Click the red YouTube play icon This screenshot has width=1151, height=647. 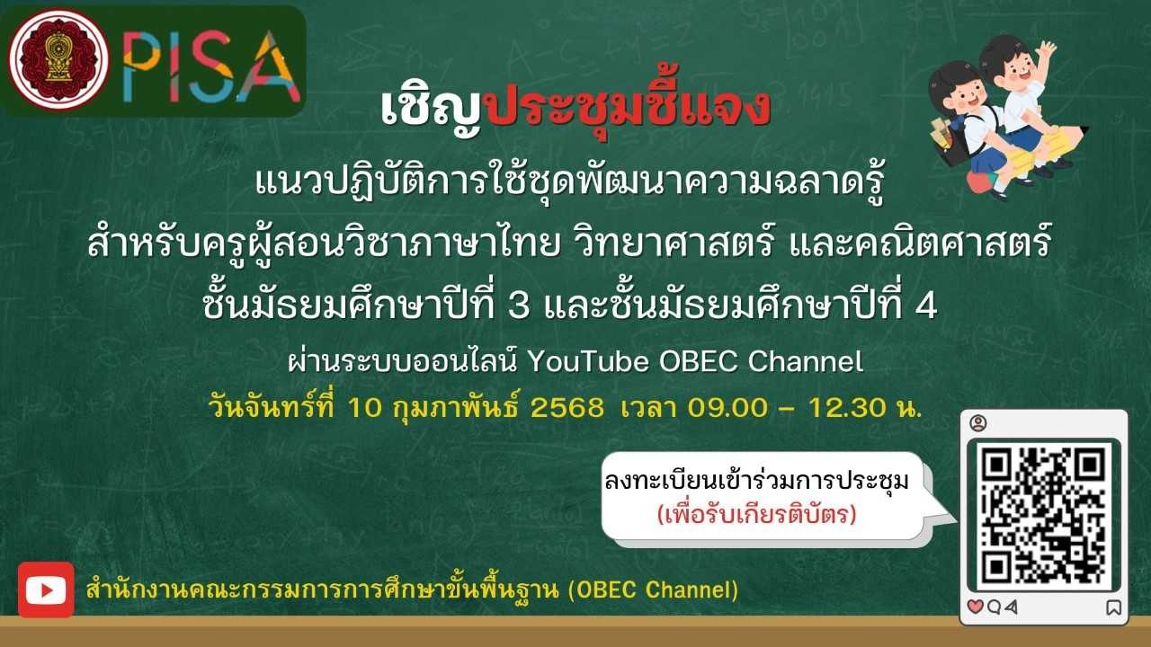[x=46, y=589]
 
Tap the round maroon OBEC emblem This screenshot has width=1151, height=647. [x=58, y=59]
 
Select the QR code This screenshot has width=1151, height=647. [x=1044, y=515]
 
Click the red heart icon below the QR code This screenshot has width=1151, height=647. [x=975, y=607]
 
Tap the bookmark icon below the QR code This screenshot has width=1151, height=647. [x=1113, y=608]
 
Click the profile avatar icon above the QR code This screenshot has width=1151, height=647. [x=978, y=423]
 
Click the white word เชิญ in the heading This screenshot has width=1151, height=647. [x=431, y=109]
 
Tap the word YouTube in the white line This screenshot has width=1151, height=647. [x=588, y=361]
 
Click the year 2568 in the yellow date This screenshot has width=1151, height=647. [x=567, y=408]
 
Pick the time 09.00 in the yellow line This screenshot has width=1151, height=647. [x=727, y=408]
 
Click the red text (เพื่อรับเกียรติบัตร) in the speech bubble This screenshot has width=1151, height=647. [x=757, y=514]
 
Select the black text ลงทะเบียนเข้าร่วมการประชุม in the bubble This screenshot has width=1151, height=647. [x=757, y=481]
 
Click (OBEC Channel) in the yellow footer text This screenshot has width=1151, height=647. [x=653, y=590]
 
